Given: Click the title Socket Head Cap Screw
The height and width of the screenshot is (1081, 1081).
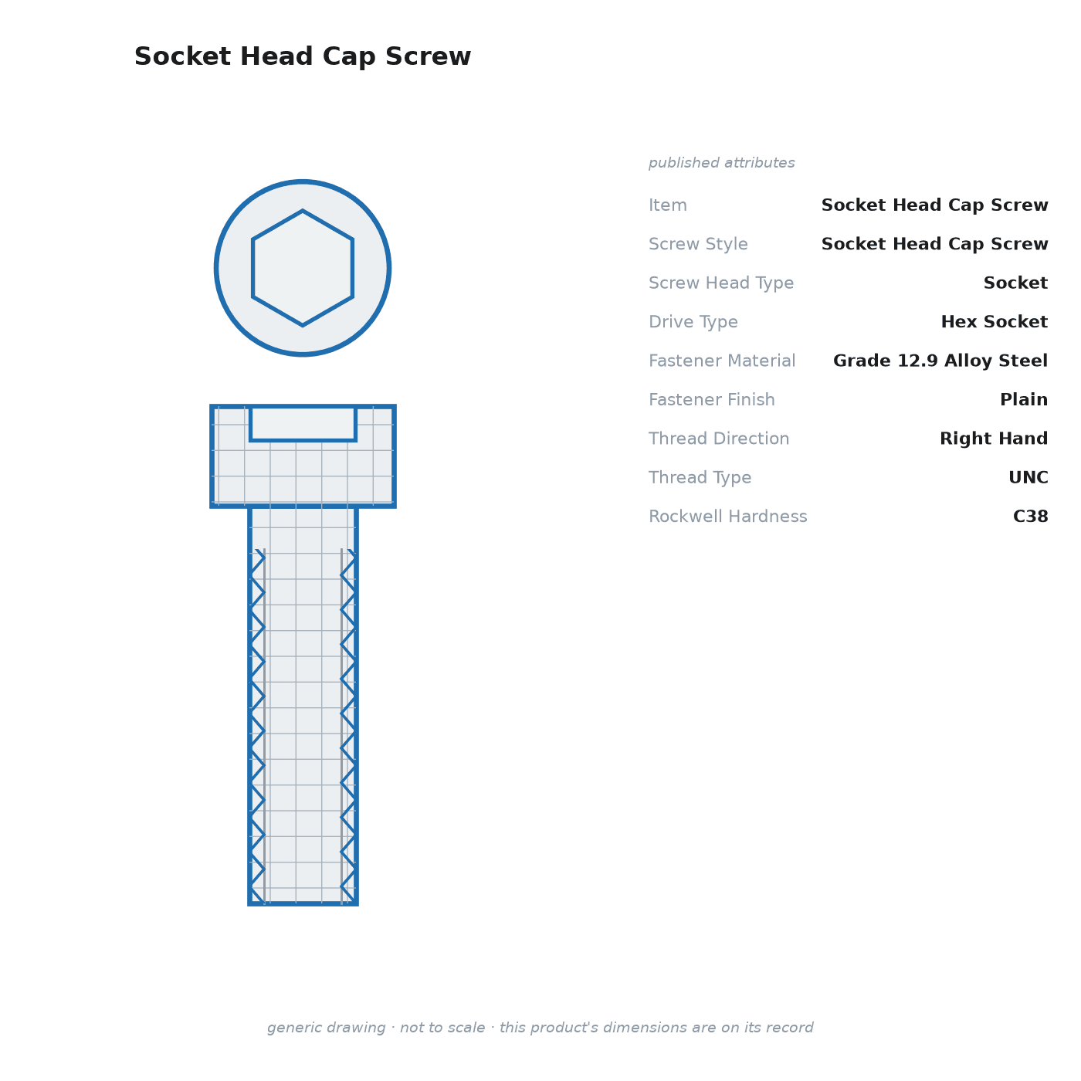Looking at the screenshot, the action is point(303,56).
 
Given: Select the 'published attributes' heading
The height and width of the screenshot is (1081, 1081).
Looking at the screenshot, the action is point(721,163).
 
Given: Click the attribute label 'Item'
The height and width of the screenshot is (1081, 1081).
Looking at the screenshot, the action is point(668,205).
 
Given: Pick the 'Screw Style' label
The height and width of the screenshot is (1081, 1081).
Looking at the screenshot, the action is point(698,244).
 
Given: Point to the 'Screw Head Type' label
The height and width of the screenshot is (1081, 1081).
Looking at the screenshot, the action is point(721,283).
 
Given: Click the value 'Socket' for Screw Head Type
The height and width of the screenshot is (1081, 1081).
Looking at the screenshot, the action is point(1015,283).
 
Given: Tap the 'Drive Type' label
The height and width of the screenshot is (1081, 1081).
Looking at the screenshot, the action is point(693,322).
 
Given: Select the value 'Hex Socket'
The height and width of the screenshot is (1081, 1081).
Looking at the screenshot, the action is point(994,322).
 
